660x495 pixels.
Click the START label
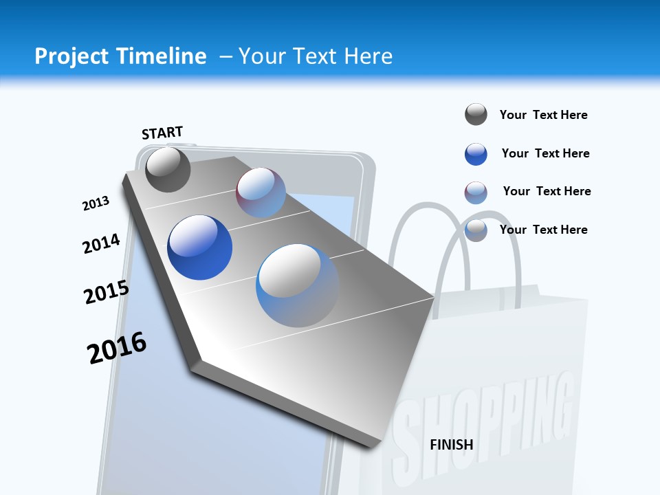coord(162,133)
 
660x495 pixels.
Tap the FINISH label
coord(451,445)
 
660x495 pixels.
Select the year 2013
coord(96,203)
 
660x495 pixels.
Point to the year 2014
coord(101,243)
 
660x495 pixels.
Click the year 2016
coord(117,348)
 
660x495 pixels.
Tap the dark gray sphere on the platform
coord(168,169)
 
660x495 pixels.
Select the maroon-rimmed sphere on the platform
coord(261,192)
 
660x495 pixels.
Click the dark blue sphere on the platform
coord(199,247)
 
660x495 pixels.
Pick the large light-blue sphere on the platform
coord(297,285)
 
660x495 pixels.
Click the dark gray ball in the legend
coord(476,114)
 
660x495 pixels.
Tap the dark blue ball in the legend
coord(476,154)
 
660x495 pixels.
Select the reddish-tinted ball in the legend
coord(476,192)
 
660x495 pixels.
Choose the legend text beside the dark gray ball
coord(543,115)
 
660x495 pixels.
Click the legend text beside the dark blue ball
coord(545,153)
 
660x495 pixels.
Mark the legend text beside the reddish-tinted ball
coord(547,191)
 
